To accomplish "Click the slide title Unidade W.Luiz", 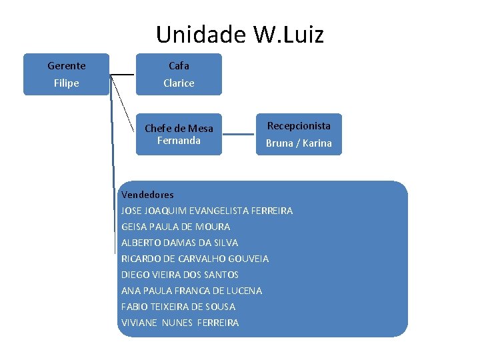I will (x=239, y=34).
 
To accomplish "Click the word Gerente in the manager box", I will (x=67, y=65).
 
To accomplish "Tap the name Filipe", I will (x=67, y=83).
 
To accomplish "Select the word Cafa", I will (x=179, y=65).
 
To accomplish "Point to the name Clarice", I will (x=179, y=83).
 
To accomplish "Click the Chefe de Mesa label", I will (x=179, y=128).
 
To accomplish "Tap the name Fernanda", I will (x=179, y=140).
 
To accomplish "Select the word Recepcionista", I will (x=299, y=125).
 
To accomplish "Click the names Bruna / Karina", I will (x=299, y=143).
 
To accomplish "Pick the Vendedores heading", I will (x=147, y=195).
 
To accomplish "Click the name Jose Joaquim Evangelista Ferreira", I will (x=207, y=211).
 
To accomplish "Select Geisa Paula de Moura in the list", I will (x=175, y=227).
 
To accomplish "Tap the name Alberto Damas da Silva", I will (x=179, y=243).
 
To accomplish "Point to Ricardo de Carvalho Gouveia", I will (x=195, y=259).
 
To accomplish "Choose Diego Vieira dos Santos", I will (x=180, y=275).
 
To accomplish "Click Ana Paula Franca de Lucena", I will (x=191, y=291).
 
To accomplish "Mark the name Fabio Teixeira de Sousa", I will (x=178, y=307).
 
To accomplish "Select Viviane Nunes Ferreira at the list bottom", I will (x=180, y=323).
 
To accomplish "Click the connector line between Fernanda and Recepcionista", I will (x=238, y=134).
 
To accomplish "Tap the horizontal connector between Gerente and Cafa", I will (x=122, y=74).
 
